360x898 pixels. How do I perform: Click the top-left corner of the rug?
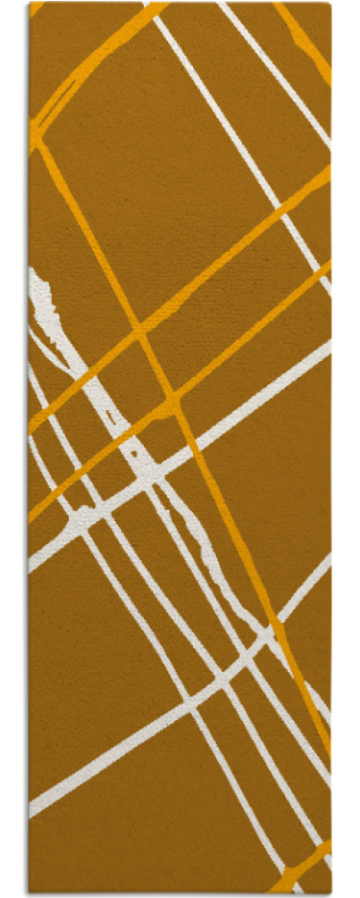click(29, 3)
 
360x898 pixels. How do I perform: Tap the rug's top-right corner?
click(331, 3)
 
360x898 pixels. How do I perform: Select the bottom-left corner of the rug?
click(29, 893)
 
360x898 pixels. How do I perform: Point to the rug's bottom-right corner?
click(331, 893)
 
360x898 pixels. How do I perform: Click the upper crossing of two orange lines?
click(140, 332)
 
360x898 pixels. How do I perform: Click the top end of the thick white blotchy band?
click(35, 273)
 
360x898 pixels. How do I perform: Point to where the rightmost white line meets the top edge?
click(223, 4)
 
